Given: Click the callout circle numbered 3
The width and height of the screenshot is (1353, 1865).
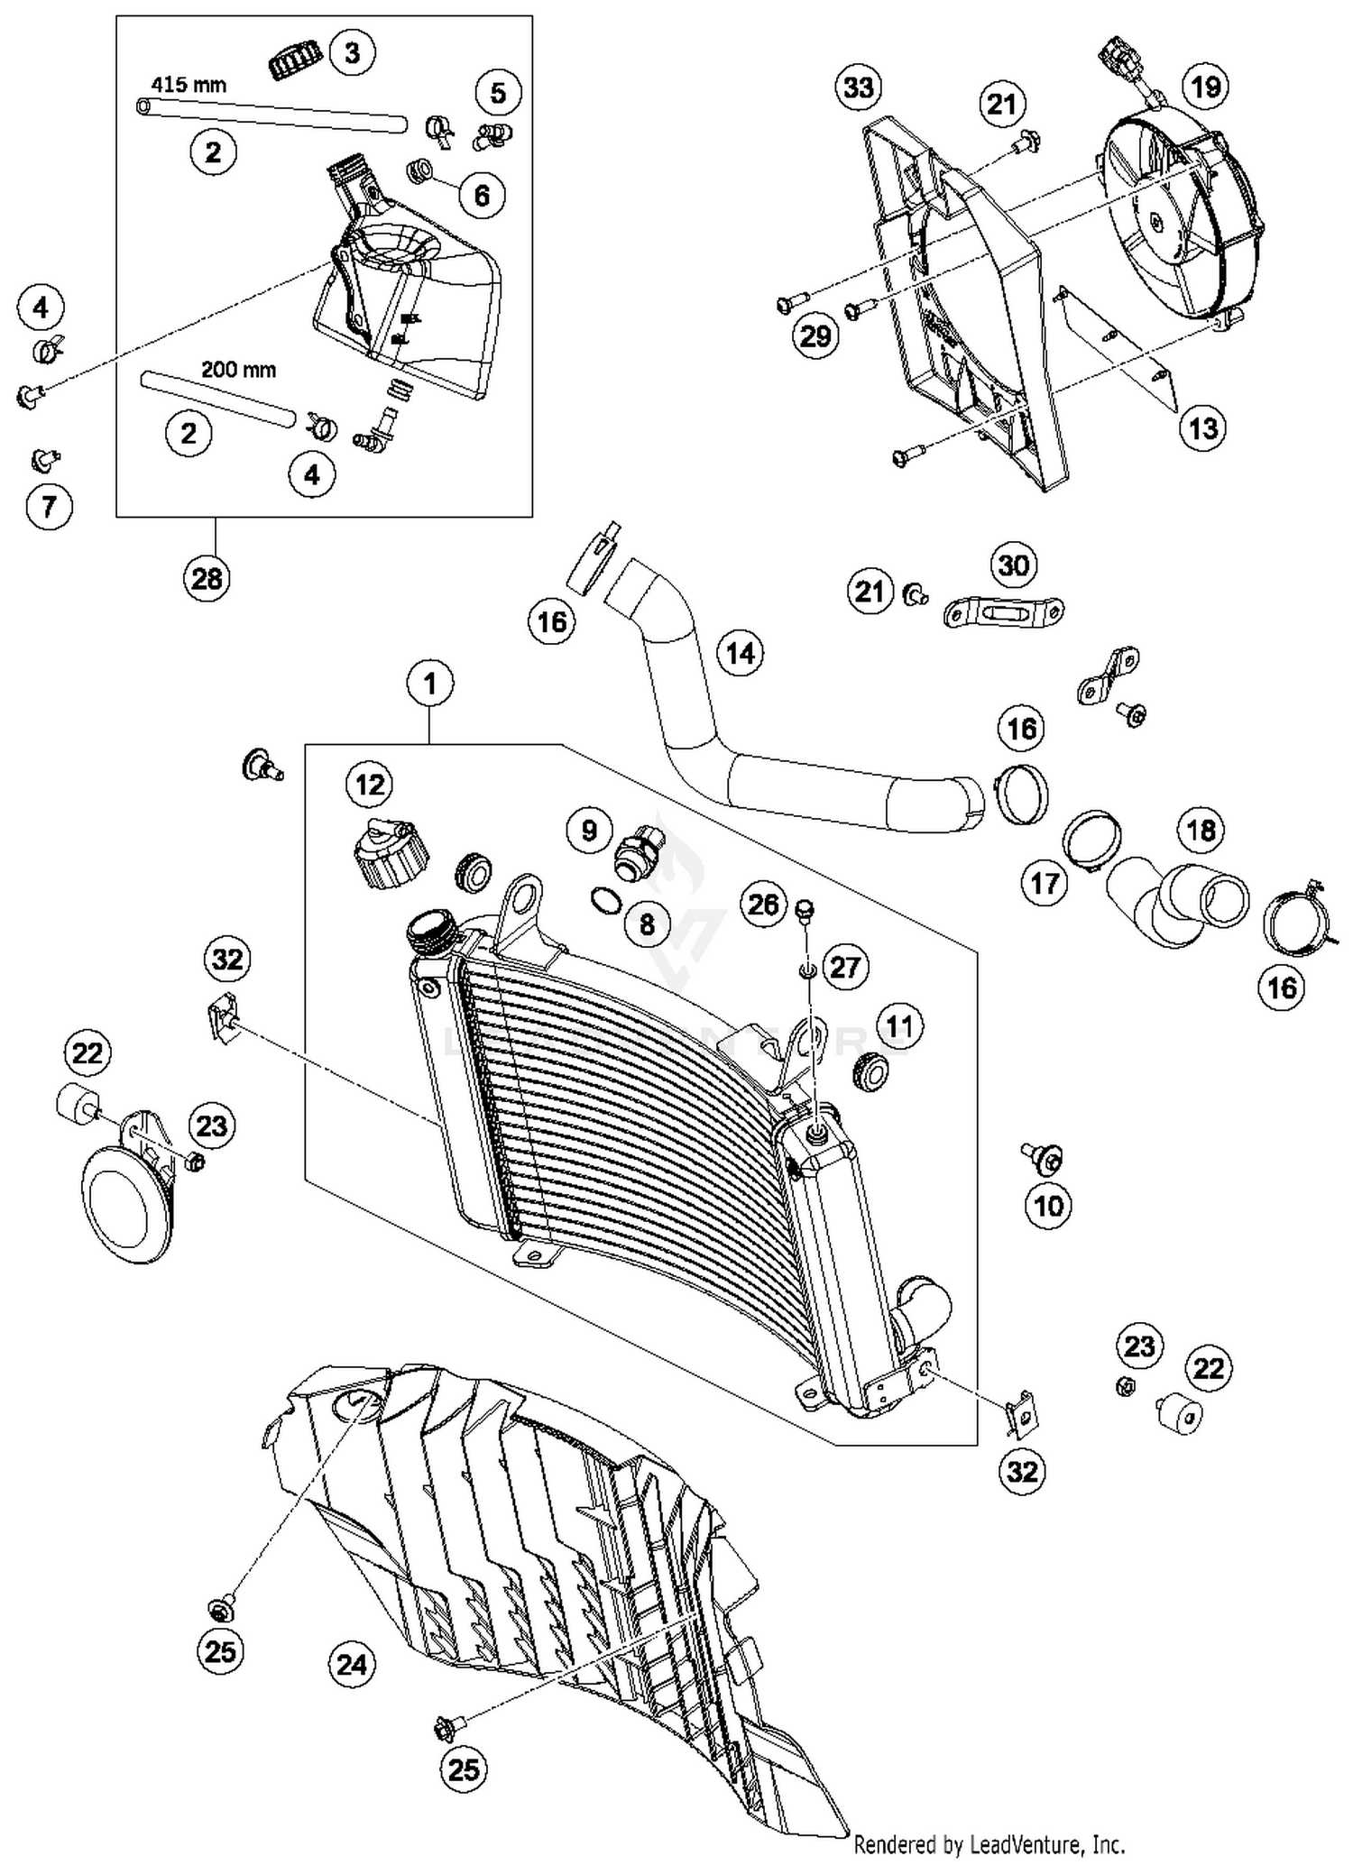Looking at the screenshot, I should pos(352,53).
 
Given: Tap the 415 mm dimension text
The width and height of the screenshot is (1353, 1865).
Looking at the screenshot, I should pos(189,85).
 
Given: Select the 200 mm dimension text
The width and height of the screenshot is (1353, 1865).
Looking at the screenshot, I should pos(238,369).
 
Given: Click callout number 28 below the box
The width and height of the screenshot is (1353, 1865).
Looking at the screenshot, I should pos(207,578).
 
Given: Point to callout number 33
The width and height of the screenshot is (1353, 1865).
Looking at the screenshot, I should pos(859,87).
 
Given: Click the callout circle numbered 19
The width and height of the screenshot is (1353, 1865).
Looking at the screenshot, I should pos(1206,87).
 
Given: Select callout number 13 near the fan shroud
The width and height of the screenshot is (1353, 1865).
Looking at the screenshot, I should pos(1203,427).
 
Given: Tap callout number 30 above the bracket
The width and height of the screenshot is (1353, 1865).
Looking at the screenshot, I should pos(1014,565).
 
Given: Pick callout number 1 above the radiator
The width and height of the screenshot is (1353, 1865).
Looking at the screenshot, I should pos(429,684).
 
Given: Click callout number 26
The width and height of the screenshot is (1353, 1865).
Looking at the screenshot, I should pos(763,904).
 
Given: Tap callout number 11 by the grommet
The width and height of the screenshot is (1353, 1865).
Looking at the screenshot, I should pos(899,1025).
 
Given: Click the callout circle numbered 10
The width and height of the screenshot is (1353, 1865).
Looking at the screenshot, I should pos(1048,1205).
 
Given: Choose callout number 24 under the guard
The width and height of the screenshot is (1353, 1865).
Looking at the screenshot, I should pos(351,1663).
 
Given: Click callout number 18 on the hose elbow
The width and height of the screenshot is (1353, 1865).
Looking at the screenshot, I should pos(1201,830).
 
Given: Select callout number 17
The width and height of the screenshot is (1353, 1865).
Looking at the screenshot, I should pos(1045,883).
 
